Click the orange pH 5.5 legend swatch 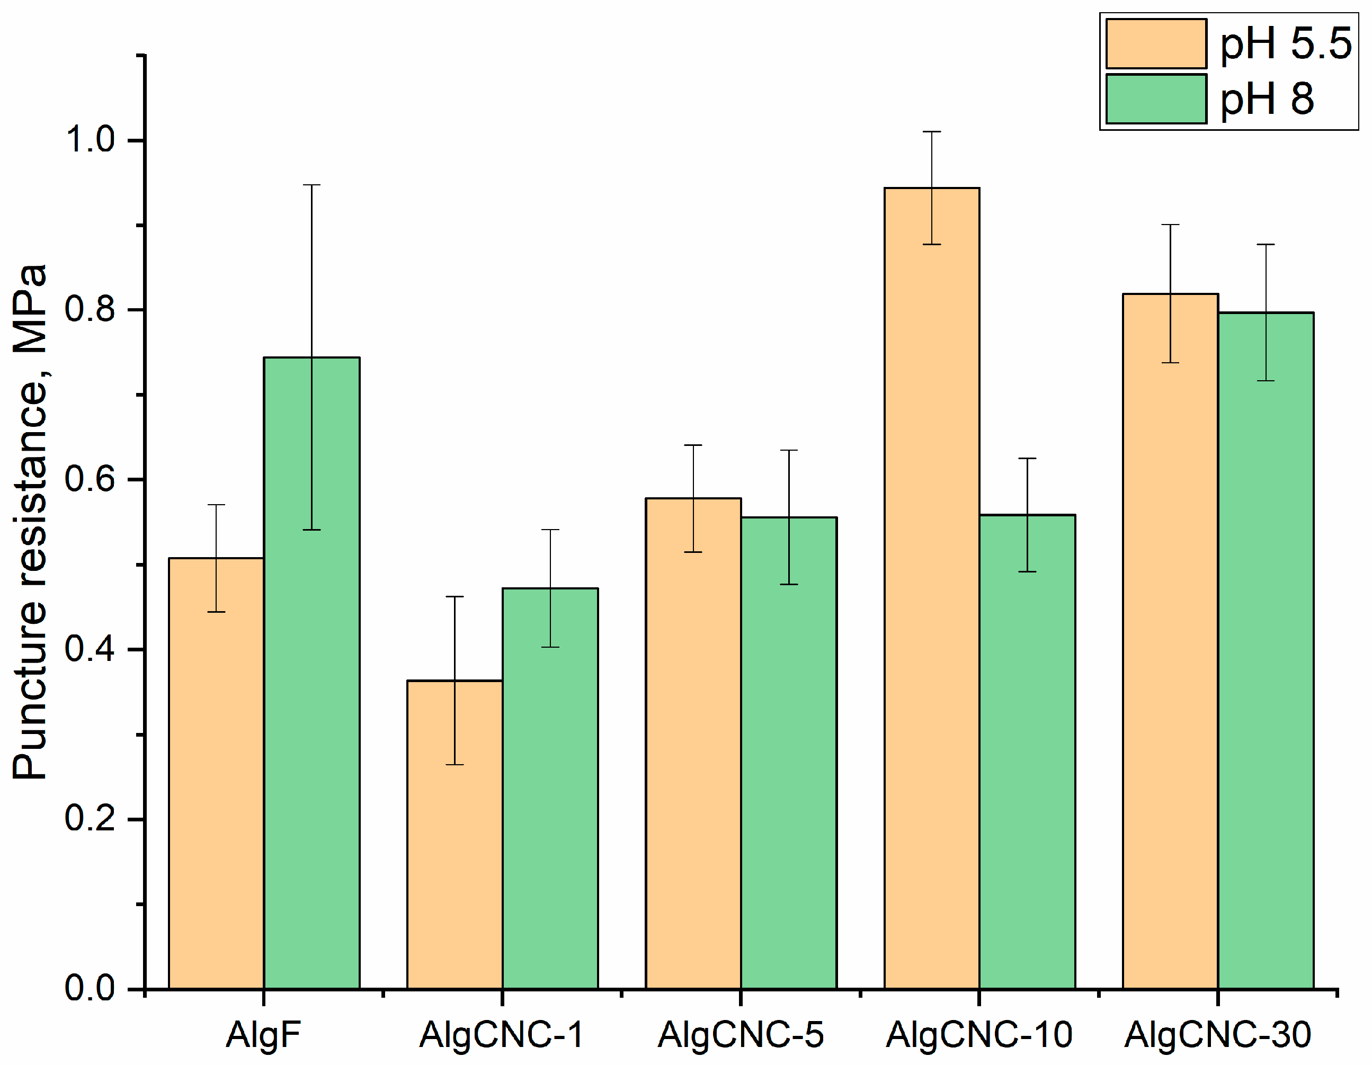1156,43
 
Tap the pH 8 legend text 1267,99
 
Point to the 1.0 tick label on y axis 91,139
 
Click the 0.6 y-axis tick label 91,479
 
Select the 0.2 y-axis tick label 91,819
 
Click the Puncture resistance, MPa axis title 30,521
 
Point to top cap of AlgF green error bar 311,185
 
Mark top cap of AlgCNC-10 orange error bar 932,132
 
